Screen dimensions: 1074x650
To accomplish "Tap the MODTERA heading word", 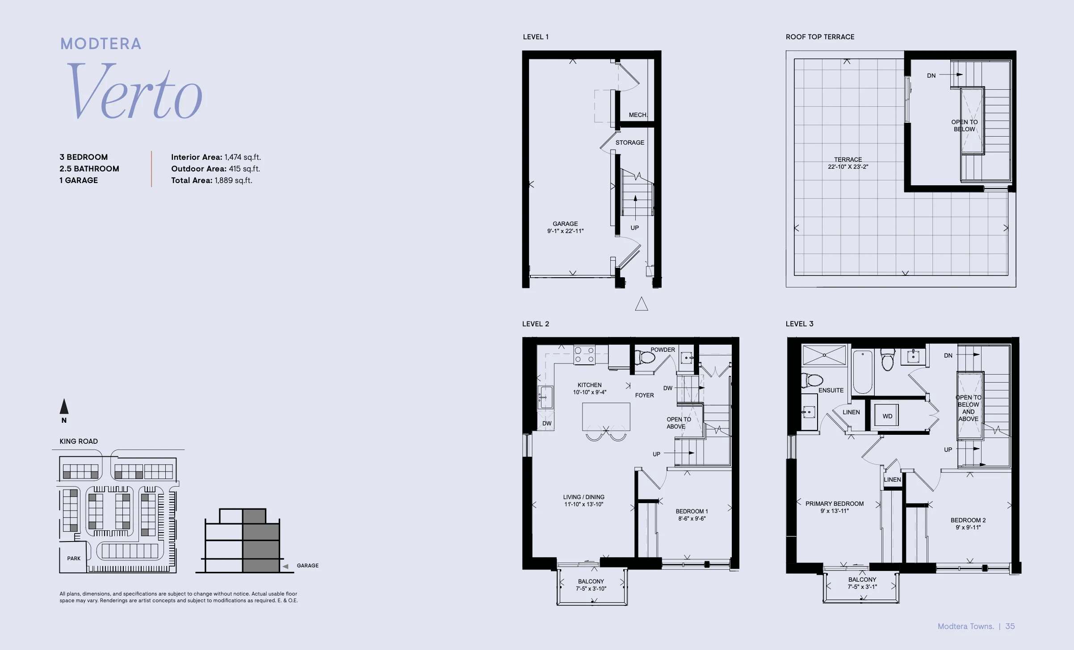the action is pyautogui.click(x=101, y=44).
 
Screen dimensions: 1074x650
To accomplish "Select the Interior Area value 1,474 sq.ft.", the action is pyautogui.click(x=243, y=157).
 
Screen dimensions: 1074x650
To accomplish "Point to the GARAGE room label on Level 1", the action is pyautogui.click(x=565, y=224).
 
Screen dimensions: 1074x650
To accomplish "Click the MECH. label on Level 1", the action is pyautogui.click(x=638, y=115).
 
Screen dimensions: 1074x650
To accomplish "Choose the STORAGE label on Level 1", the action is pyautogui.click(x=630, y=142).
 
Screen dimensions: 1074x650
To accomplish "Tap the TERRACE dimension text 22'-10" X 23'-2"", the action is pyautogui.click(x=848, y=167).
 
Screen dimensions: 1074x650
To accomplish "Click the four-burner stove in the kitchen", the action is pyautogui.click(x=584, y=355).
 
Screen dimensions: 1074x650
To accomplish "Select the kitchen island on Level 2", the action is pyautogui.click(x=606, y=417).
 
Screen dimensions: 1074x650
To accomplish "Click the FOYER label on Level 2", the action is pyautogui.click(x=644, y=395).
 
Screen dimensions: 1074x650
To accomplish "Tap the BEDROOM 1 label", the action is pyautogui.click(x=692, y=511).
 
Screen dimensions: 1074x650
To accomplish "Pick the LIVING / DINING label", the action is pyautogui.click(x=583, y=497).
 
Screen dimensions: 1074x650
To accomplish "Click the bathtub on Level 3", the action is pyautogui.click(x=863, y=372).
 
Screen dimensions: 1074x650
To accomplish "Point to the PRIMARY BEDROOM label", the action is pyautogui.click(x=835, y=504).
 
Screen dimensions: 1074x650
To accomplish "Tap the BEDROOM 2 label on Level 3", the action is pyautogui.click(x=968, y=520).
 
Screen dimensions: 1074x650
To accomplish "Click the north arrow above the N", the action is pyautogui.click(x=64, y=406).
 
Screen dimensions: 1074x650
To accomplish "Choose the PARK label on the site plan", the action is pyautogui.click(x=74, y=558).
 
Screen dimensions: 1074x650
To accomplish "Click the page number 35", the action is pyautogui.click(x=1010, y=626).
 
